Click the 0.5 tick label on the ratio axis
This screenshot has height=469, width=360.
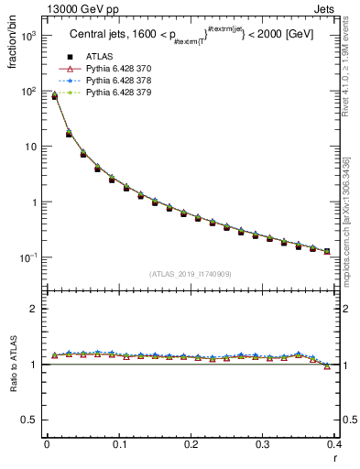pos(29,420)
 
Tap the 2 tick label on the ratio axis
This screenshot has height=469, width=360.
pos(33,309)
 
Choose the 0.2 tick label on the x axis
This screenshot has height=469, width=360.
pos(191,443)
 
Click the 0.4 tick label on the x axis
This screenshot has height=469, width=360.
pos(335,443)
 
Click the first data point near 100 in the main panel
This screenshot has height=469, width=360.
pos(54,95)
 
